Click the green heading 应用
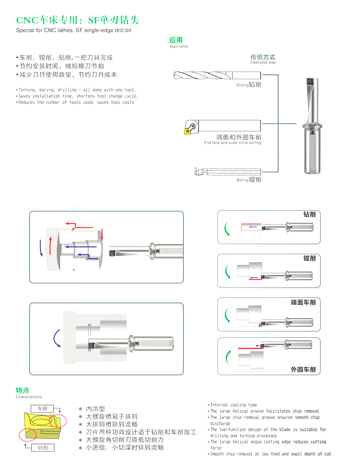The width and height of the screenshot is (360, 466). coord(176,40)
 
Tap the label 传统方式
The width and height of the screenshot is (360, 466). coord(263,57)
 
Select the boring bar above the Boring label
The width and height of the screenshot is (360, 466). coord(227,171)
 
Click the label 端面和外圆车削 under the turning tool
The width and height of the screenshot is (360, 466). coord(238,137)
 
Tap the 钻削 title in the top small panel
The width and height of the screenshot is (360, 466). coord(309,214)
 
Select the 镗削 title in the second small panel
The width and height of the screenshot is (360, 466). coord(309,258)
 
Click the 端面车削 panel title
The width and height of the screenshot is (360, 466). coord(303,302)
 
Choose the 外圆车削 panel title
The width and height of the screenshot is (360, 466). coord(303,369)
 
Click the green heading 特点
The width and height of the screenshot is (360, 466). coord(22,390)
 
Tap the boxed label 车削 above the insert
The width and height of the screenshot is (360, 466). coord(42,408)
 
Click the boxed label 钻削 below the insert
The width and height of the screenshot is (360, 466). coord(43,447)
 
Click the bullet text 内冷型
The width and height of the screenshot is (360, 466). coord(95,409)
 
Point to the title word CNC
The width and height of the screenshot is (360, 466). coord(27,20)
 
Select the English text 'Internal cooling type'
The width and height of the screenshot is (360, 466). coord(233,405)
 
